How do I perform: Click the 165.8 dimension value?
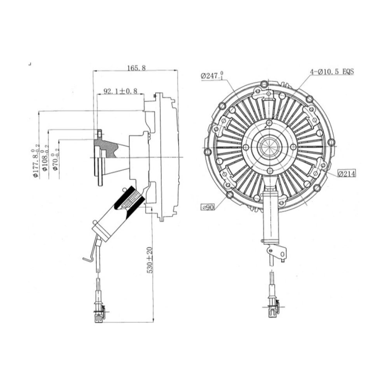[136, 67]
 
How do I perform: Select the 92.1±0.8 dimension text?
[121, 91]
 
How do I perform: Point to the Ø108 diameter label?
[45, 160]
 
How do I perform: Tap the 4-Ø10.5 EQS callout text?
[331, 72]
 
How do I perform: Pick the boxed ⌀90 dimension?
[208, 207]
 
